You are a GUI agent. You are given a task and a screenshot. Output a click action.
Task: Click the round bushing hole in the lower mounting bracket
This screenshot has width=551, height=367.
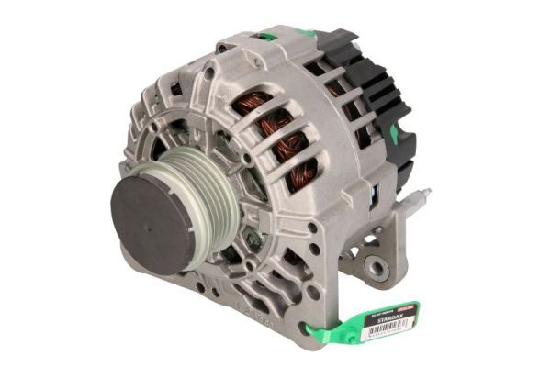(x=376, y=267)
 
